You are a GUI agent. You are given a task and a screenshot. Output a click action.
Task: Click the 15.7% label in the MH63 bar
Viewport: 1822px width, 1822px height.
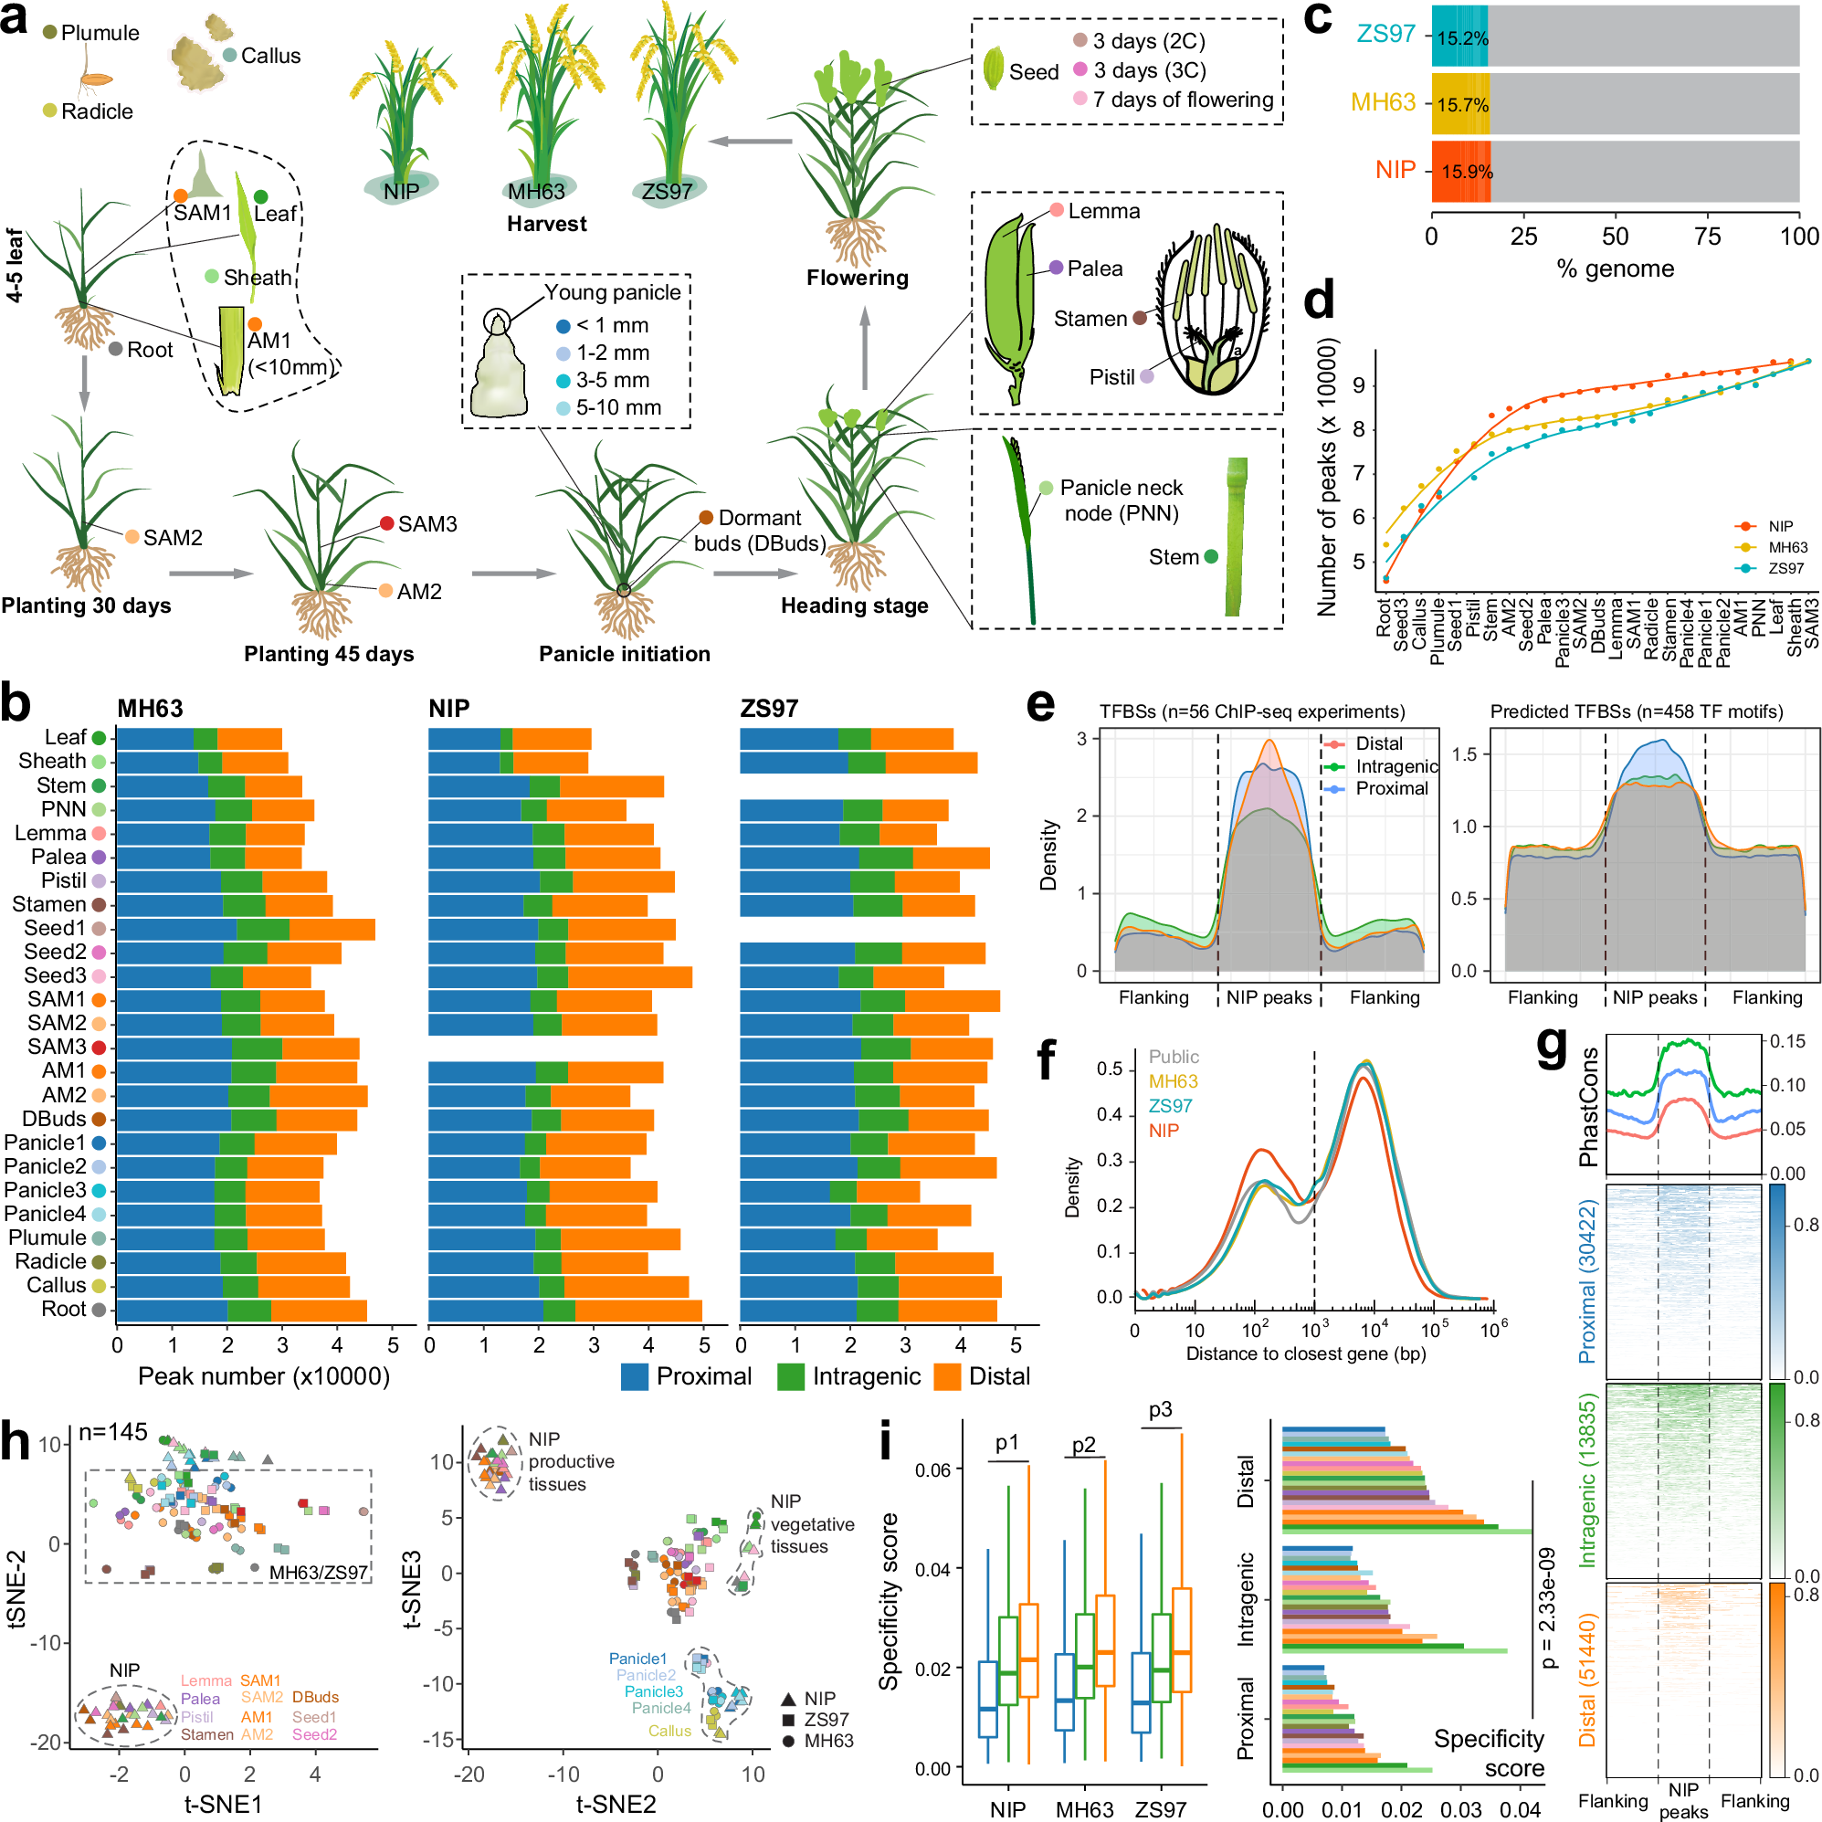(1462, 105)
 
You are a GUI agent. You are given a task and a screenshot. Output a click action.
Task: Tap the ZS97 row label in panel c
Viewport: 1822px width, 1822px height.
(1385, 34)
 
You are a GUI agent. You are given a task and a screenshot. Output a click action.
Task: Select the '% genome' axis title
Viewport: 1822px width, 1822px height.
(1616, 269)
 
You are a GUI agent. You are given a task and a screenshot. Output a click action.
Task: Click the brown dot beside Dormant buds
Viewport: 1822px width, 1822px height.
(705, 518)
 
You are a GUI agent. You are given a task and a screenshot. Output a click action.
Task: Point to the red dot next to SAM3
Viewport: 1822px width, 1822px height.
(386, 523)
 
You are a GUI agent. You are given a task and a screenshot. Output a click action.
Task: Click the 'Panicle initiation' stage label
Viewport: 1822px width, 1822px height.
(625, 654)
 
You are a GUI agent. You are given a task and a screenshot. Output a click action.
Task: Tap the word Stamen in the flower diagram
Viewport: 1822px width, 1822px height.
(1090, 319)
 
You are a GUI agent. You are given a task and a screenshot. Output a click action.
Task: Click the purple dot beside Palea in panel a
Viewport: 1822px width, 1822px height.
(1057, 268)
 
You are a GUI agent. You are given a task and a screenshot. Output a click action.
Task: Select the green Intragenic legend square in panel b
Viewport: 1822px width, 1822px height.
(790, 1377)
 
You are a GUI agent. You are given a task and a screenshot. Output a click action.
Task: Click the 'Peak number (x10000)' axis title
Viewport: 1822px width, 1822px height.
(264, 1377)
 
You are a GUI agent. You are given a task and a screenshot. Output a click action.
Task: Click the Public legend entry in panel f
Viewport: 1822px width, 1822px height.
(1174, 1058)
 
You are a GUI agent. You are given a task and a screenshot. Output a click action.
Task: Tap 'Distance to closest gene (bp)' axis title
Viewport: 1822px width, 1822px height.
(1305, 1354)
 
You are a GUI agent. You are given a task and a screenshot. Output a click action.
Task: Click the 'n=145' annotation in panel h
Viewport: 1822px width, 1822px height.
(113, 1432)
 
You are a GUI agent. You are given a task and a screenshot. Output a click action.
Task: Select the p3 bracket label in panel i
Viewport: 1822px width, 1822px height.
(1160, 1410)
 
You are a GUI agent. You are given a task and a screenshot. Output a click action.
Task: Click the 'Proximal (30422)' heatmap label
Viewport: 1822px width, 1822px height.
(1587, 1280)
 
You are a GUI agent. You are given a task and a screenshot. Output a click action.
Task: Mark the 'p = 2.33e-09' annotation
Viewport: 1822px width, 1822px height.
(1546, 1609)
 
